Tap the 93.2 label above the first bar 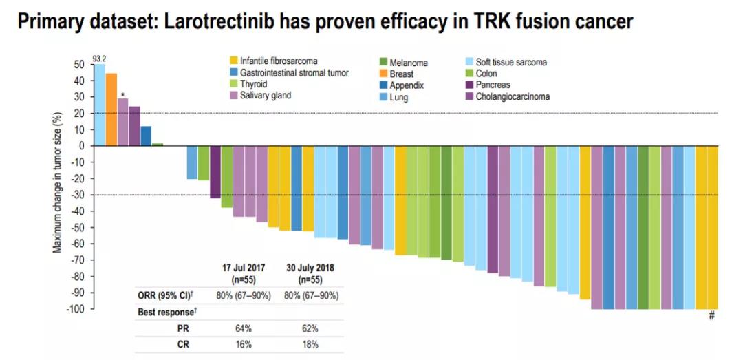tap(99, 59)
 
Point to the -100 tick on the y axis tap(75, 309)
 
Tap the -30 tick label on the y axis tap(77, 195)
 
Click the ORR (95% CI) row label tap(164, 296)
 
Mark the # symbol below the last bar tap(712, 316)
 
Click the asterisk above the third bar tap(122, 95)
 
